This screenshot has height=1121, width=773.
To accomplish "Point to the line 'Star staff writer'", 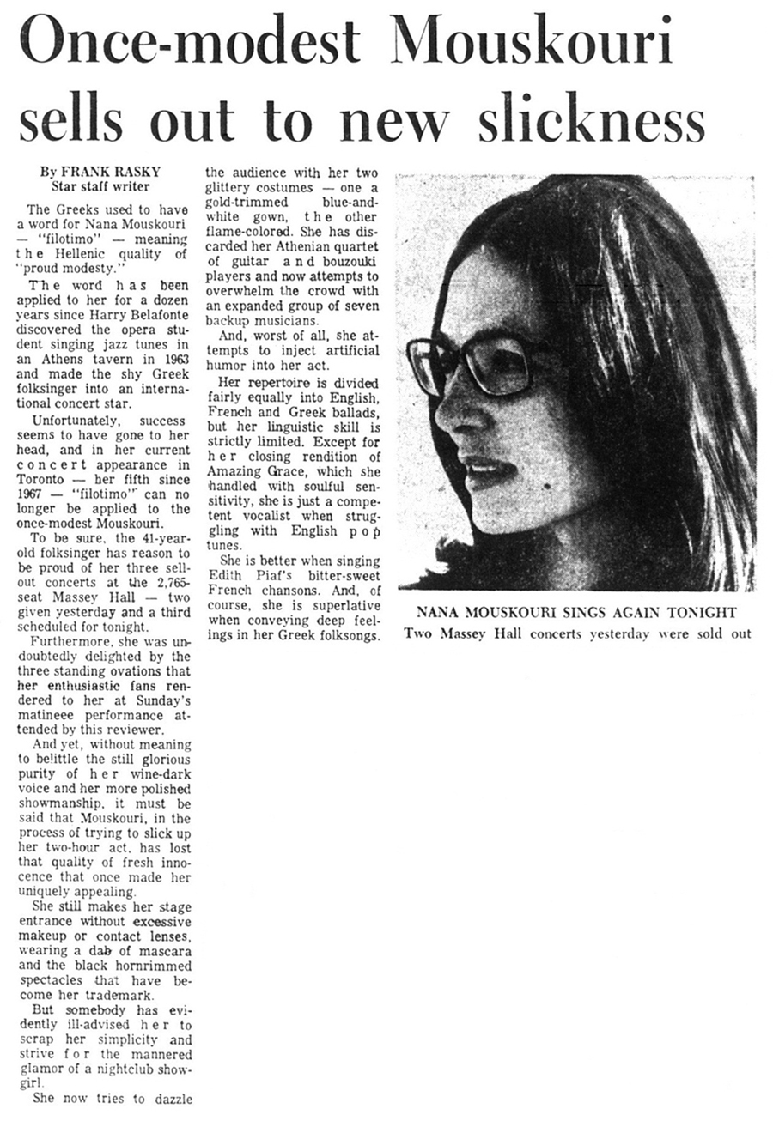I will (100, 185).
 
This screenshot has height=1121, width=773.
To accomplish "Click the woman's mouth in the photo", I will (486, 470).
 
